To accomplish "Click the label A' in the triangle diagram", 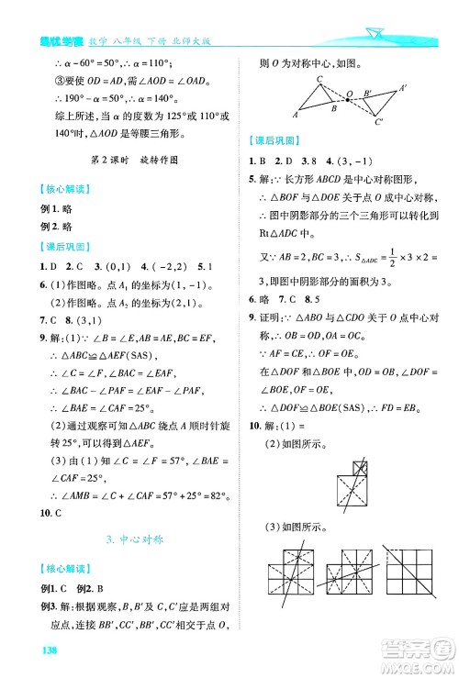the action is pos(402,87).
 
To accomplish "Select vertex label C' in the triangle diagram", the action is pos(380,121).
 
